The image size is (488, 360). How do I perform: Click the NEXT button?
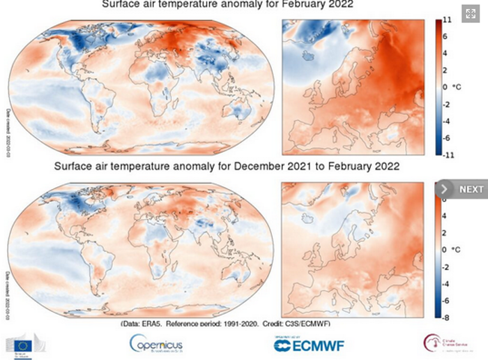pyautogui.click(x=462, y=189)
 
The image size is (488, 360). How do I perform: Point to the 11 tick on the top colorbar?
pyautogui.click(x=447, y=21)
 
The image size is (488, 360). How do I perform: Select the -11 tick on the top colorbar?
pyautogui.click(x=447, y=153)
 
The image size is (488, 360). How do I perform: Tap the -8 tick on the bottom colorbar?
pyautogui.click(x=447, y=315)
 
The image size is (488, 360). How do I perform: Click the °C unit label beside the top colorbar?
pyautogui.click(x=457, y=87)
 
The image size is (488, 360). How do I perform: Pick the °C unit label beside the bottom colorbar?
pyautogui.click(x=457, y=249)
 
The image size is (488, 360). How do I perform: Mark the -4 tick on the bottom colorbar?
pyautogui.click(x=447, y=283)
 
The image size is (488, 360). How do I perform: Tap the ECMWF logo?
pyautogui.click(x=308, y=344)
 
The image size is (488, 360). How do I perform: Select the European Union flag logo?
pyautogui.click(x=26, y=344)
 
